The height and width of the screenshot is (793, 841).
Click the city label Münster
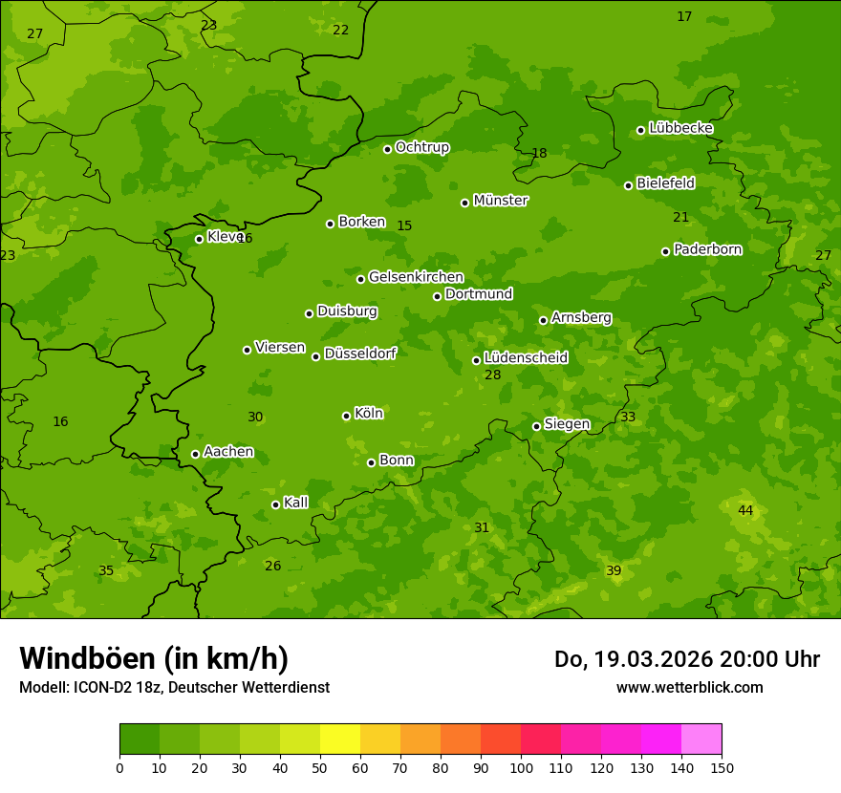coord(501,201)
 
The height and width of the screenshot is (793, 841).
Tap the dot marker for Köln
coord(346,416)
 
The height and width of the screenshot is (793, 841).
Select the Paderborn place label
coord(707,249)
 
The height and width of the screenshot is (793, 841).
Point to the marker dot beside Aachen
coord(195,454)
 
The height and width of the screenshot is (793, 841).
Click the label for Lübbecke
coord(680,128)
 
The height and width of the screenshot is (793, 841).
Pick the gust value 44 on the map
coord(745,511)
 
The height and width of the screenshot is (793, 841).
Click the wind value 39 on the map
coord(614,571)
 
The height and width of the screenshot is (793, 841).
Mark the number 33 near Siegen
coord(628,418)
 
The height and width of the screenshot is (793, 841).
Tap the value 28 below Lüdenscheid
coord(493,375)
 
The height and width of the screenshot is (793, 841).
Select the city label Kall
coord(295,503)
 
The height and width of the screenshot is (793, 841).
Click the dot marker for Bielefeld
coord(628,185)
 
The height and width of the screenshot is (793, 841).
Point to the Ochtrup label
coord(422,147)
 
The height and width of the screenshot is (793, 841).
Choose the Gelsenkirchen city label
coord(416,277)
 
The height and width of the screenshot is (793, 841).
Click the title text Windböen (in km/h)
coord(154,658)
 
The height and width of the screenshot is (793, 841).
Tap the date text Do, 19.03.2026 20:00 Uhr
coord(686,659)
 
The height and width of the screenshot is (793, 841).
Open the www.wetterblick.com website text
coord(689,687)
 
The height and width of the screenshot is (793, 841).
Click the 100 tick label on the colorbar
coord(521,767)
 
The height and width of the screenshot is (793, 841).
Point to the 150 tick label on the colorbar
coord(722,767)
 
